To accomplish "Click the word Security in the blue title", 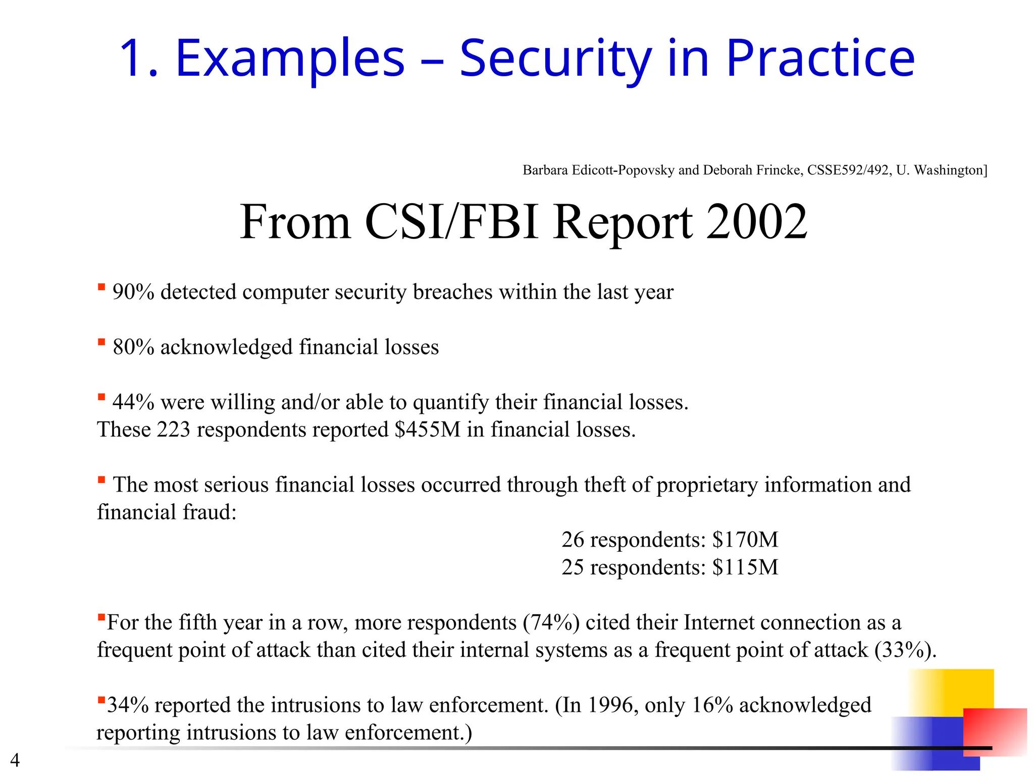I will [x=555, y=59].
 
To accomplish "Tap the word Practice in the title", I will [x=820, y=59].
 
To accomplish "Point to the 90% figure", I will [x=133, y=292].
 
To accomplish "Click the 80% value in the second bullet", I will [x=133, y=347].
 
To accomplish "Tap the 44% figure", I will [x=133, y=402].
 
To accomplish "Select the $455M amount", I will [x=428, y=429].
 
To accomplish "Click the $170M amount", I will [x=745, y=540].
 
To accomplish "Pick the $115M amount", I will [x=745, y=567].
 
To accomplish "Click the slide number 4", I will [x=15, y=760].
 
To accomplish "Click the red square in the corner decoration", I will [x=995, y=732].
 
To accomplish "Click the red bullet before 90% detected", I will [x=101, y=287].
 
